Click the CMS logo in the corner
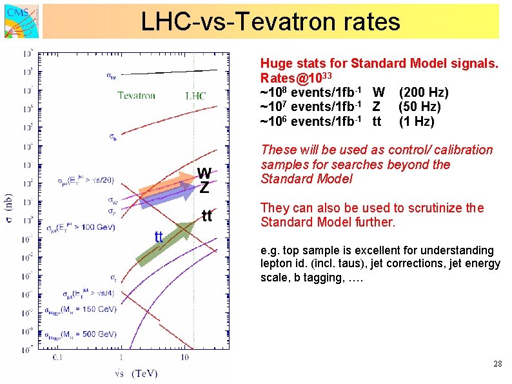pyautogui.click(x=20, y=21)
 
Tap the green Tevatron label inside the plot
pyautogui.click(x=136, y=96)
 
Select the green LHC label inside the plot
pyautogui.click(x=195, y=96)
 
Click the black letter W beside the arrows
pyautogui.click(x=204, y=173)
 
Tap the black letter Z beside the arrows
pyautogui.click(x=204, y=188)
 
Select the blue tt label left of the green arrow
pyautogui.click(x=158, y=236)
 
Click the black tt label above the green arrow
pyautogui.click(x=207, y=216)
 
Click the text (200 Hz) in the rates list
pyautogui.click(x=424, y=92)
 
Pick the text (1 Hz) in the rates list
pyautogui.click(x=417, y=121)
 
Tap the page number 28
pyautogui.click(x=497, y=364)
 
